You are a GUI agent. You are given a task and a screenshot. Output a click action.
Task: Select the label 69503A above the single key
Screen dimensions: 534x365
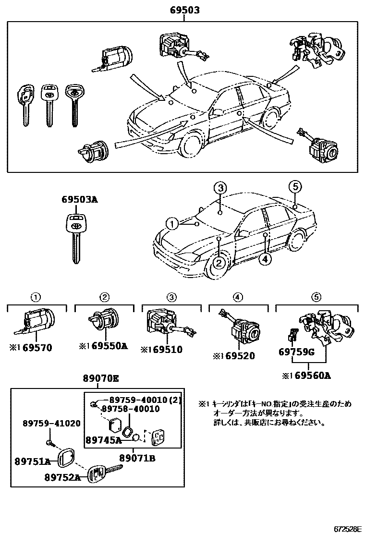point(79,199)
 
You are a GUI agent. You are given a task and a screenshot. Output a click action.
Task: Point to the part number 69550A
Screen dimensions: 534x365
point(109,346)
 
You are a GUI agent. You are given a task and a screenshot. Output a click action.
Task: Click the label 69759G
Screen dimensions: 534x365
point(296,352)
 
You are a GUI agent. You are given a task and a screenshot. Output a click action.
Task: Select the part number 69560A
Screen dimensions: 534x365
point(311,376)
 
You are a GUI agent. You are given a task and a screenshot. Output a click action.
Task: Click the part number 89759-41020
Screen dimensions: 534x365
point(52,423)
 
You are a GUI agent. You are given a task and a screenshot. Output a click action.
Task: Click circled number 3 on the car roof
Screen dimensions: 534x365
point(220,189)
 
